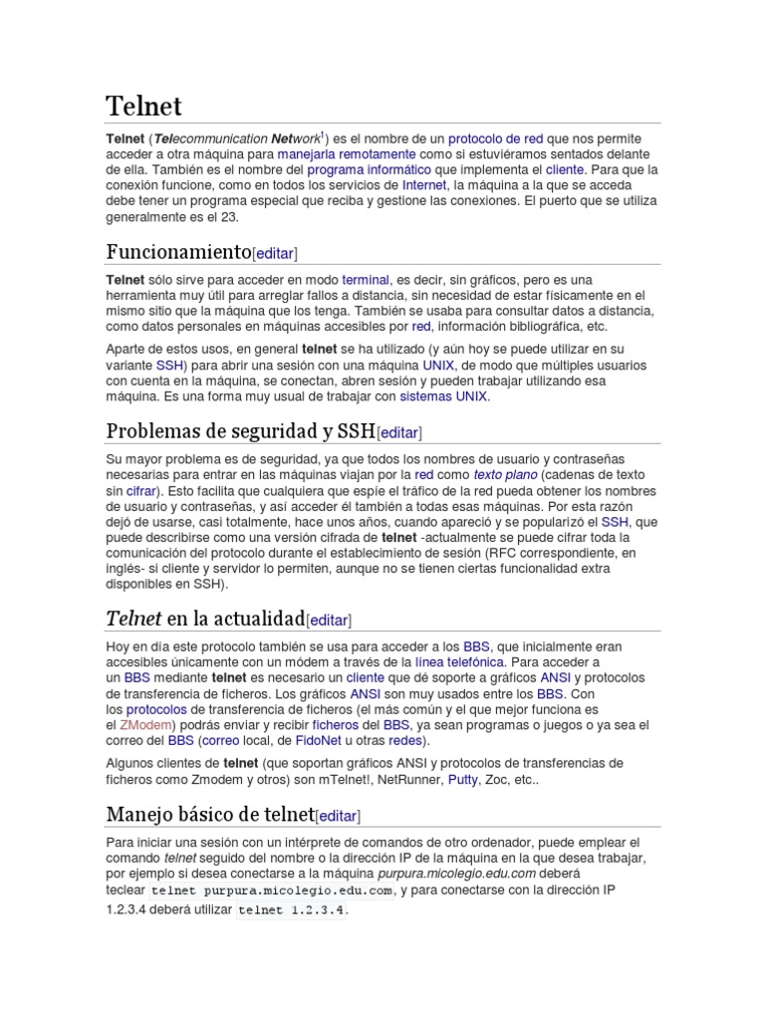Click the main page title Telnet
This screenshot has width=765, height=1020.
pos(143,106)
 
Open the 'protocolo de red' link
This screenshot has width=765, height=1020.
pos(495,138)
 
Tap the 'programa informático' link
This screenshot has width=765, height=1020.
pos(363,170)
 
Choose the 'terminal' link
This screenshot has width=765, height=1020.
pos(365,281)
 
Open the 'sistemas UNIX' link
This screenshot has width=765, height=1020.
pos(443,395)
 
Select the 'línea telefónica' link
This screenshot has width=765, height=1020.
pos(459,661)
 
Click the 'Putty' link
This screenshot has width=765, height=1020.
pos(462,779)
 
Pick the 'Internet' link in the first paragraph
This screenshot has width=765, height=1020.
pos(423,185)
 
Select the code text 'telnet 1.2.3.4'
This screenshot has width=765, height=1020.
pos(292,910)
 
